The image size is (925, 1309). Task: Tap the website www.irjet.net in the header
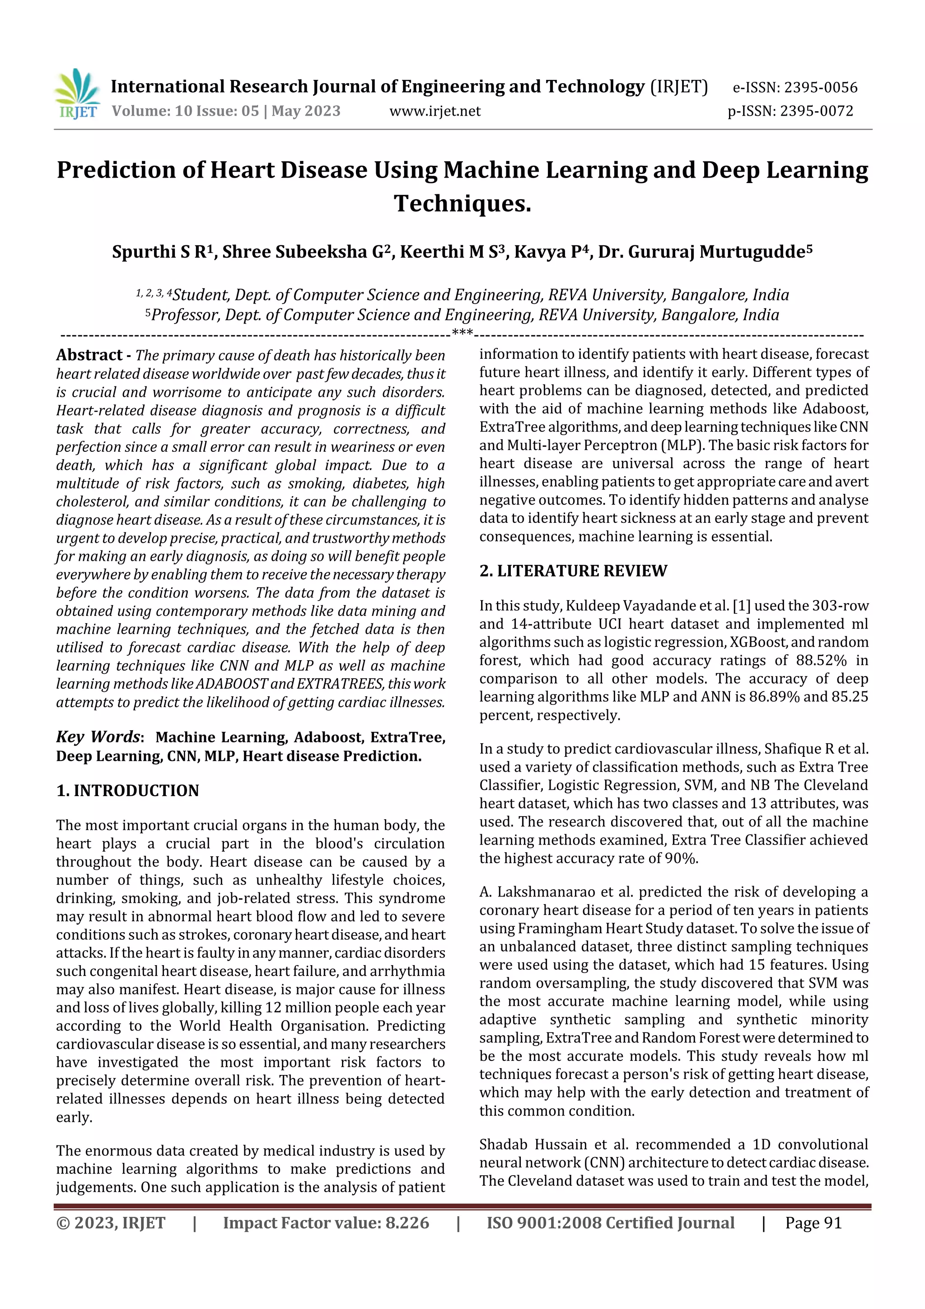pyautogui.click(x=435, y=111)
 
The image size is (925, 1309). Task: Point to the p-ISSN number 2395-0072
pyautogui.click(x=816, y=111)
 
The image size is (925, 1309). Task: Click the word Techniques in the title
pyautogui.click(x=462, y=203)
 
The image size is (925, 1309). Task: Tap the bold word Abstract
pyautogui.click(x=89, y=355)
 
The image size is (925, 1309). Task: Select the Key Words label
pyautogui.click(x=98, y=737)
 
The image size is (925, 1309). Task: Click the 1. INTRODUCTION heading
pyautogui.click(x=128, y=791)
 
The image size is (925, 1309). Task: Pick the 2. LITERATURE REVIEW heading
pyautogui.click(x=573, y=571)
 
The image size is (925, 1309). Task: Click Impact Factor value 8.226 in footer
pyautogui.click(x=326, y=1223)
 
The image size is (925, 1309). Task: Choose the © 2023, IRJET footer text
pyautogui.click(x=111, y=1223)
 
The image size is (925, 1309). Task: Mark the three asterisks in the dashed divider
pyautogui.click(x=462, y=333)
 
